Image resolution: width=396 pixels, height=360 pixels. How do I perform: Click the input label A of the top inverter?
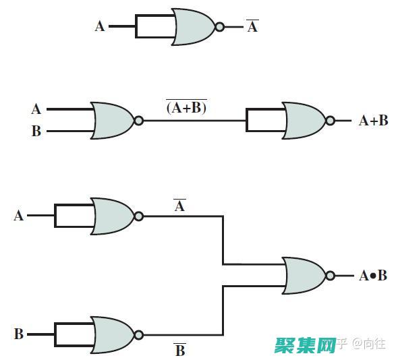pyautogui.click(x=99, y=26)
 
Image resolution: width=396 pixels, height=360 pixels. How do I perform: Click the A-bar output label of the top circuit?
pyautogui.click(x=252, y=26)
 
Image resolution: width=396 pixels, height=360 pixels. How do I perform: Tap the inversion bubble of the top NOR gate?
pyautogui.click(x=220, y=27)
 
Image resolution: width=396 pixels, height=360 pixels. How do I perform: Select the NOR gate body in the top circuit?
pyautogui.click(x=194, y=27)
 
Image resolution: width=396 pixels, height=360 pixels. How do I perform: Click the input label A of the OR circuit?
pyautogui.click(x=36, y=109)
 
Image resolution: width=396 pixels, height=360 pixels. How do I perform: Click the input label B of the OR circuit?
pyautogui.click(x=36, y=131)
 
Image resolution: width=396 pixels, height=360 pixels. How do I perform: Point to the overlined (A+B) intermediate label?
pyautogui.click(x=186, y=107)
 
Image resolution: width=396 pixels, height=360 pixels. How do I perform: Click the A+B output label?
pyautogui.click(x=373, y=121)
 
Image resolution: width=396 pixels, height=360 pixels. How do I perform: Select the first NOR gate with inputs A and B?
pyautogui.click(x=113, y=121)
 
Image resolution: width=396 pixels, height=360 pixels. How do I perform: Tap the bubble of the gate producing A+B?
pyautogui.click(x=330, y=121)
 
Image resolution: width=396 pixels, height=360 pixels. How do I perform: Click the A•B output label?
pyautogui.click(x=373, y=276)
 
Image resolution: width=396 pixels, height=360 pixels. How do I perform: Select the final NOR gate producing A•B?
pyautogui.click(x=304, y=276)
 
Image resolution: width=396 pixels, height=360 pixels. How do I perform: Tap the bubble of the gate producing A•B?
pyautogui.click(x=330, y=276)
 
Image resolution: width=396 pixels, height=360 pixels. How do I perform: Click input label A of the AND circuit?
pyautogui.click(x=18, y=216)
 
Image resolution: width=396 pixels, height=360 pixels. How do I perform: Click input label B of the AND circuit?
pyautogui.click(x=19, y=334)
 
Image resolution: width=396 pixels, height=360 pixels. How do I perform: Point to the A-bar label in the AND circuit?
pyautogui.click(x=179, y=206)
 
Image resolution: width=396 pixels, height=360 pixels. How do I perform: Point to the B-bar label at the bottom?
pyautogui.click(x=180, y=349)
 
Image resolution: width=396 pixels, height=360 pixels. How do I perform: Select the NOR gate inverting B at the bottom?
pyautogui.click(x=113, y=335)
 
